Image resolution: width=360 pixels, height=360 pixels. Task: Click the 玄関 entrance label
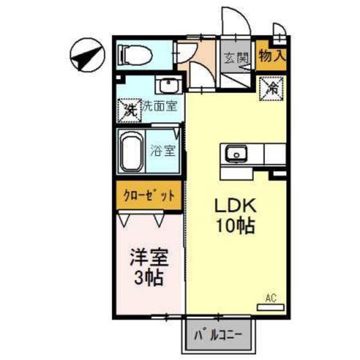(237, 57)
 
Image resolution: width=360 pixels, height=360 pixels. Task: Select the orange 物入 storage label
(272, 55)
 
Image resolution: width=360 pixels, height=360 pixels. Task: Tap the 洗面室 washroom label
(159, 106)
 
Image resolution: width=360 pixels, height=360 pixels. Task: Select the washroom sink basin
(169, 86)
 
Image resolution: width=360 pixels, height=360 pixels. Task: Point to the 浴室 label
(163, 152)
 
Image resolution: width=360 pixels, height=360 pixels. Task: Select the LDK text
(235, 207)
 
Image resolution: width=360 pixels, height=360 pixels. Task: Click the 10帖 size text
(235, 226)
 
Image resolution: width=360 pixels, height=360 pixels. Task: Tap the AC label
(271, 298)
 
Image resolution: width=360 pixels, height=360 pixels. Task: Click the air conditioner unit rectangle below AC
(271, 307)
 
